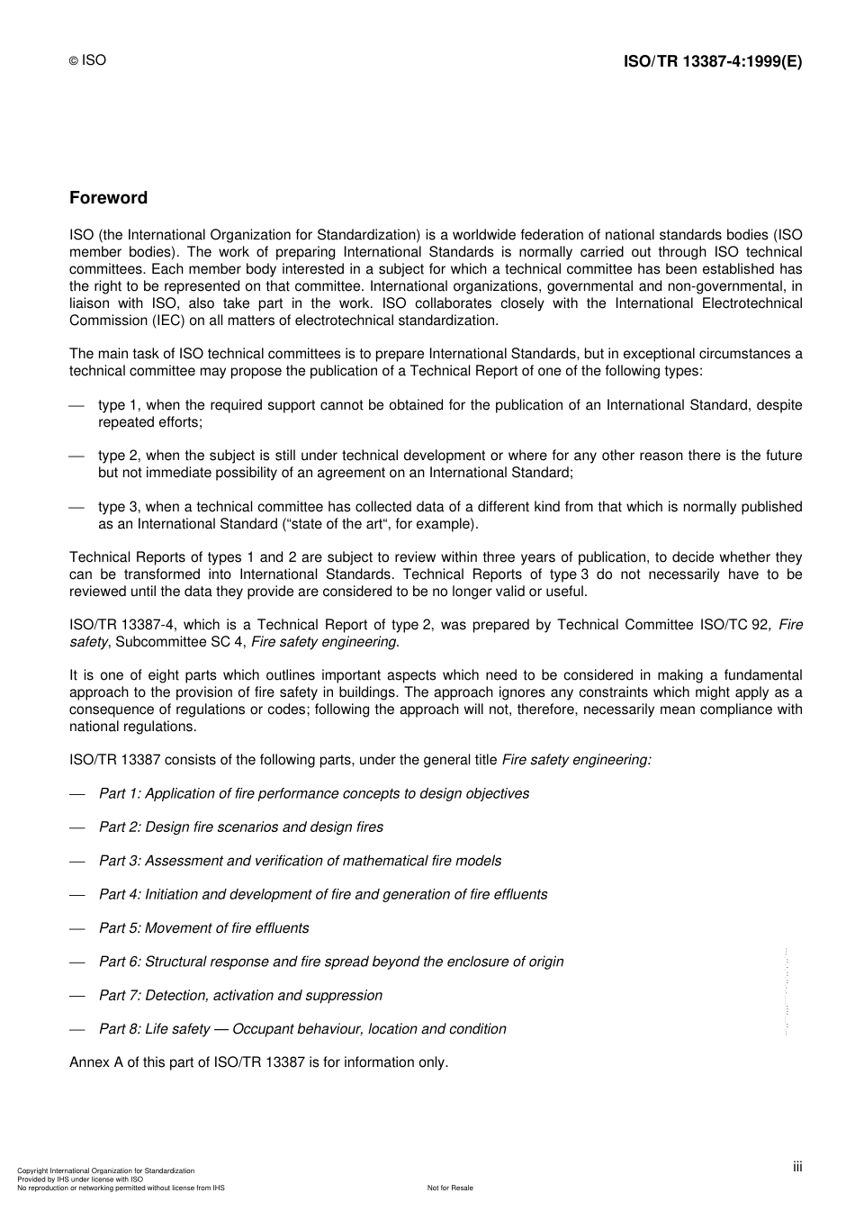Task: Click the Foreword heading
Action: pyautogui.click(x=108, y=198)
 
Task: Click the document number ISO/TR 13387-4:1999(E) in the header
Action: pyautogui.click(x=712, y=62)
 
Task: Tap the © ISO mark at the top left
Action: pyautogui.click(x=87, y=60)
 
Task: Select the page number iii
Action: pyautogui.click(x=797, y=1167)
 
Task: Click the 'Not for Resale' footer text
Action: pyautogui.click(x=450, y=1188)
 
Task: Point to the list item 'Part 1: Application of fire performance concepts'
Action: pyautogui.click(x=313, y=793)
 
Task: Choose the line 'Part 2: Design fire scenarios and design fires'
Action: pyautogui.click(x=240, y=827)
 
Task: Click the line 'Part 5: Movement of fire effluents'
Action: pyautogui.click(x=203, y=927)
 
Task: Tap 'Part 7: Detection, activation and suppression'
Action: pyautogui.click(x=240, y=995)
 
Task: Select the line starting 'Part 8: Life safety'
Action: pyautogui.click(x=301, y=1028)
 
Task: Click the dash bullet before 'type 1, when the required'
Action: pyautogui.click(x=77, y=405)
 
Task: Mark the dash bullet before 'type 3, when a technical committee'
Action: pyautogui.click(x=77, y=507)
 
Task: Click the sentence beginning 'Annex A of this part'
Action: pyautogui.click(x=258, y=1062)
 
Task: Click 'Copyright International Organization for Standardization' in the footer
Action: pyautogui.click(x=105, y=1170)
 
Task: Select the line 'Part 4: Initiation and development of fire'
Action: pyautogui.click(x=322, y=894)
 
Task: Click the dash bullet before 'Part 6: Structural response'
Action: pyautogui.click(x=77, y=962)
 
